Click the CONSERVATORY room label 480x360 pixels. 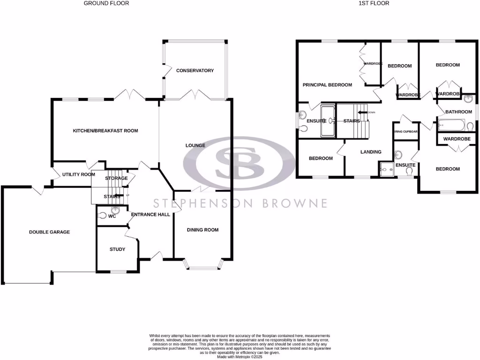tap(195, 71)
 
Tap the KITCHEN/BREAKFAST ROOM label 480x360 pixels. tap(105, 131)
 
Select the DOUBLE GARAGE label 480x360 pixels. tap(49, 232)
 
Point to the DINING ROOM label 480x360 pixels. tap(202, 230)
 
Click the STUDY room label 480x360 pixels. tap(117, 249)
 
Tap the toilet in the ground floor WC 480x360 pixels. tap(103, 216)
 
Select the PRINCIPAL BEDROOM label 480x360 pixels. tap(327, 85)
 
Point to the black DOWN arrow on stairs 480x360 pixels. tap(361, 112)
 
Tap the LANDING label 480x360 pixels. tap(370, 152)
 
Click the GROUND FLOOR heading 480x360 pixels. tap(106, 3)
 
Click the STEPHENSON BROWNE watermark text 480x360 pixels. tap(241, 203)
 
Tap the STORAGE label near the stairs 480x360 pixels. tap(116, 179)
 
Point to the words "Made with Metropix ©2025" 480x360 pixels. tap(240, 356)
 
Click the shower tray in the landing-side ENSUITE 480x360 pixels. tap(386, 168)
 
